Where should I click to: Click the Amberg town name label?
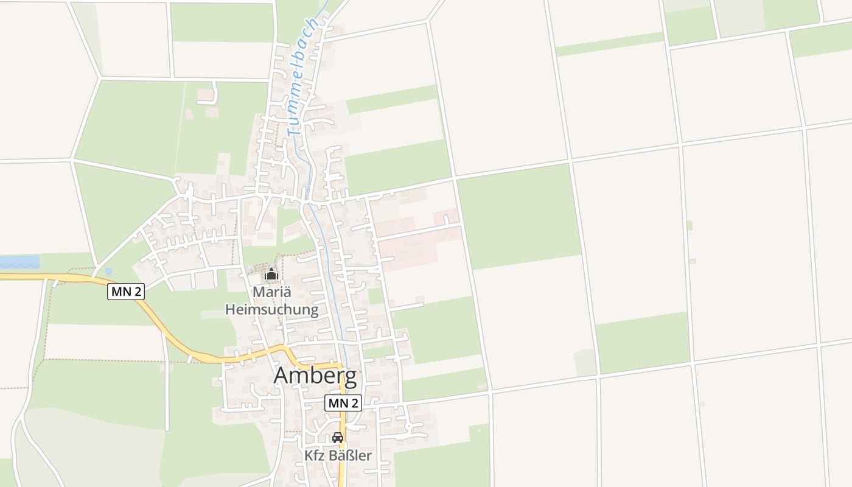pyautogui.click(x=315, y=376)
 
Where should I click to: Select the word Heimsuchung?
pyautogui.click(x=271, y=309)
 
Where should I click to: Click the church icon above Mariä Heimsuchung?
pyautogui.click(x=271, y=274)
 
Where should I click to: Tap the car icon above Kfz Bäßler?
pyautogui.click(x=338, y=438)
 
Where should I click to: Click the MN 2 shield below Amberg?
pyautogui.click(x=343, y=403)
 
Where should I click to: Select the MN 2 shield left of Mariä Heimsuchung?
pyautogui.click(x=126, y=292)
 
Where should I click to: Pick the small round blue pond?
pyautogui.click(x=108, y=271)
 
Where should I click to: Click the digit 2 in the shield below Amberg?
pyautogui.click(x=354, y=403)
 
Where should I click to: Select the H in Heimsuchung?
pyautogui.click(x=231, y=309)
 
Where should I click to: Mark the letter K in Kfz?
pyautogui.click(x=308, y=455)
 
